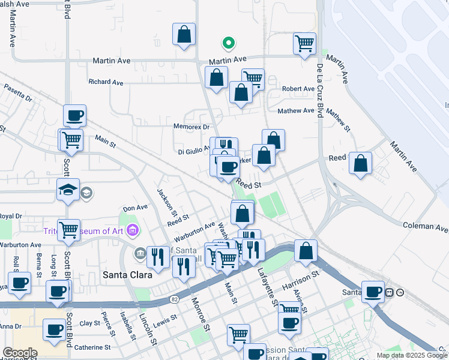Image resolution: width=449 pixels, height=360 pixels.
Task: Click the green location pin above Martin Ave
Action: tap(228, 43)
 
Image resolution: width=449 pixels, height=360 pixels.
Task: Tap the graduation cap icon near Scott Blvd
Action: tap(68, 190)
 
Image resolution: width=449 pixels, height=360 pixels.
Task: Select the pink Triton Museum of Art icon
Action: tap(133, 230)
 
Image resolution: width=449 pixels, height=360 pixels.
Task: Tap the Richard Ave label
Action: tap(106, 82)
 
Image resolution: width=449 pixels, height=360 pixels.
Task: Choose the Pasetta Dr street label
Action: tap(17, 92)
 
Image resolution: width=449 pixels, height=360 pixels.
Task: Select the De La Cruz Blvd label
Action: tap(320, 90)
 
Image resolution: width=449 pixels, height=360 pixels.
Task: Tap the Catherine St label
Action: tap(92, 347)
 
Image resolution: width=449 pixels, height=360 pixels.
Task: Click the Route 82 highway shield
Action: tap(173, 298)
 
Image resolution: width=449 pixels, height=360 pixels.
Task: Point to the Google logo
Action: tap(19, 353)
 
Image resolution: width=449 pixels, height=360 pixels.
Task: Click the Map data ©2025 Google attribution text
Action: tap(412, 355)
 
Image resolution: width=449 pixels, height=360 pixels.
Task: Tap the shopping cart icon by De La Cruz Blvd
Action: tap(305, 43)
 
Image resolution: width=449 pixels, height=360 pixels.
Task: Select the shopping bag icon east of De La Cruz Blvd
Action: tap(360, 164)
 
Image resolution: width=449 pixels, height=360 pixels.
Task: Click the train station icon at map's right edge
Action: tap(389, 292)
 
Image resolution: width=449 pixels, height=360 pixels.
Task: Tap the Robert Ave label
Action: tap(298, 89)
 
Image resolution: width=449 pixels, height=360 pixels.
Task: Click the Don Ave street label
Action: tap(135, 208)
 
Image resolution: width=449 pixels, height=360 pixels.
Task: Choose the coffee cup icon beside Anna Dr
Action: tap(55, 329)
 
